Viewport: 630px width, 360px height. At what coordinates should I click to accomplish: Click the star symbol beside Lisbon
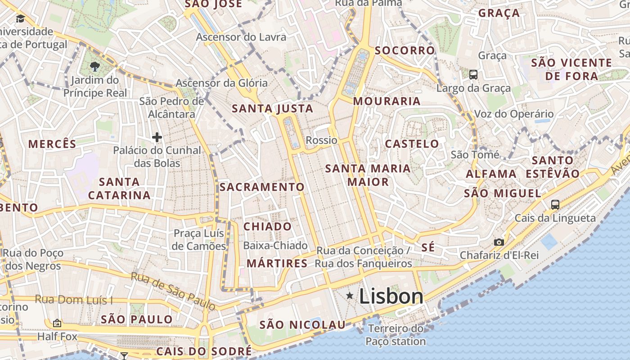350,296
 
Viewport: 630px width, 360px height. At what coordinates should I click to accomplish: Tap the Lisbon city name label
391,297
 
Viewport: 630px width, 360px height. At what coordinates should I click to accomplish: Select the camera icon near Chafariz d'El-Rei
499,242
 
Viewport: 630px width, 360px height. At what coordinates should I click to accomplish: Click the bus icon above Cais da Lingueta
555,205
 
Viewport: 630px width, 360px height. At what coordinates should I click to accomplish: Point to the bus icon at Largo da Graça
473,75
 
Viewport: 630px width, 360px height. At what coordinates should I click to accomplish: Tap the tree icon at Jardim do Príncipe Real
95,67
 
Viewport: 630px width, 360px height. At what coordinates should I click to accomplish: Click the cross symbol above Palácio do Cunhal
157,137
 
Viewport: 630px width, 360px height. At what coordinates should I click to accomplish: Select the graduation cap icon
20,18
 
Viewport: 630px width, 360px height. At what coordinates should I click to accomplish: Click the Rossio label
321,140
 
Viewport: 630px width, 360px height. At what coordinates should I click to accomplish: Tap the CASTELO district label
412,144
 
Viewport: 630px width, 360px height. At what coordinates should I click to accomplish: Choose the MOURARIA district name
387,101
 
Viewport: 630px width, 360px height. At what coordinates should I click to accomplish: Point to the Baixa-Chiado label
275,246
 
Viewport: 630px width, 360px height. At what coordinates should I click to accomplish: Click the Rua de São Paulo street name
173,291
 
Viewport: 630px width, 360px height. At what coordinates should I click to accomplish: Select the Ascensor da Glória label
221,83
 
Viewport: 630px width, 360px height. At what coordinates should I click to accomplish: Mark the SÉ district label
428,247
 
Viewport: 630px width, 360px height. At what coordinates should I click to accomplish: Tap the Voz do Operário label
514,114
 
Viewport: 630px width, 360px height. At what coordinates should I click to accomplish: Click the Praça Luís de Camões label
199,240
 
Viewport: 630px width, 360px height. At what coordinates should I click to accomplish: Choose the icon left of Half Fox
57,323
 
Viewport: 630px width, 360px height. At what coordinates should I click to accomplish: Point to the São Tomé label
475,155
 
